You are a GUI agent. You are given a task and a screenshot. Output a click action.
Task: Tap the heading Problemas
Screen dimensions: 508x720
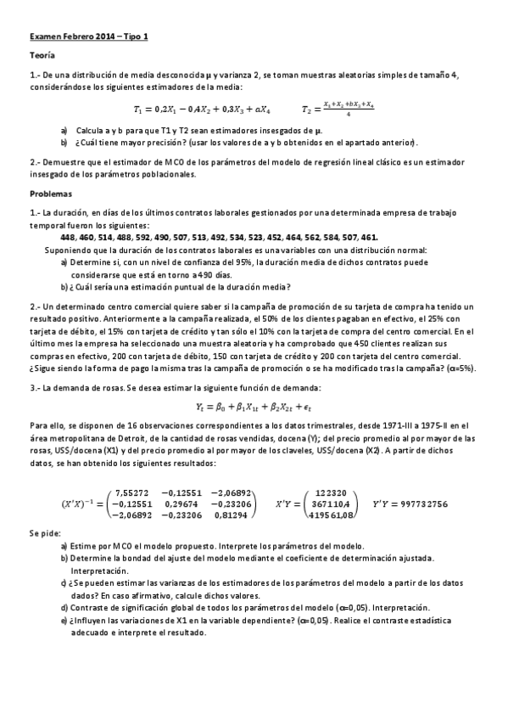pyautogui.click(x=50, y=193)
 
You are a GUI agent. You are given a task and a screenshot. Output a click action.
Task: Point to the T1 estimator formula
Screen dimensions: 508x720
pyautogui.click(x=202, y=110)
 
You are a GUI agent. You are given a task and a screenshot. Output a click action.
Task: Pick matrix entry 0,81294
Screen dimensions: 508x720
pyautogui.click(x=232, y=515)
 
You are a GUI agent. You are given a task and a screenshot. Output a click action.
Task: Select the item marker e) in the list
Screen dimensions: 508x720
pyautogui.click(x=65, y=621)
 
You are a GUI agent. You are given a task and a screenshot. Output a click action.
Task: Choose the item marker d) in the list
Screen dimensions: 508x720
pyautogui.click(x=65, y=608)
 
